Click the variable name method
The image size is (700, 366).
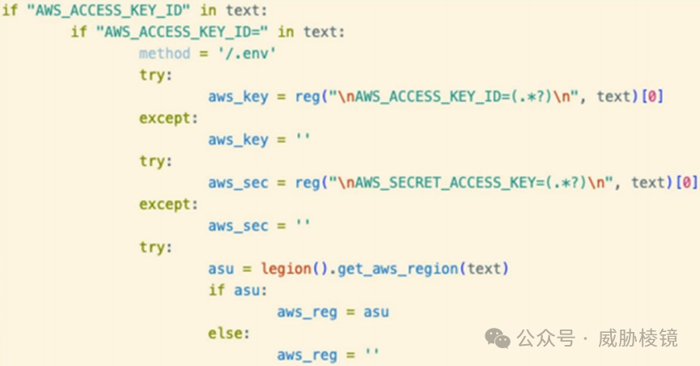pyautogui.click(x=164, y=53)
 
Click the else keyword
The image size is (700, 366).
pyautogui.click(x=229, y=333)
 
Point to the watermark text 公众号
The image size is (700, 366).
pyautogui.click(x=545, y=338)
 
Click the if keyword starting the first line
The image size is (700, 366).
pyautogui.click(x=9, y=11)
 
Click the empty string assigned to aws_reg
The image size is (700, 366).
pyautogui.click(x=371, y=354)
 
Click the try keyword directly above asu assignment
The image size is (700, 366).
pyautogui.click(x=155, y=246)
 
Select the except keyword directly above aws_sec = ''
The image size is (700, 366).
pyautogui.click(x=168, y=203)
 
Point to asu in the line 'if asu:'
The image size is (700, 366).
pyautogui.click(x=240, y=289)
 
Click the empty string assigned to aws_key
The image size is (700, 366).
pyautogui.click(x=303, y=139)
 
